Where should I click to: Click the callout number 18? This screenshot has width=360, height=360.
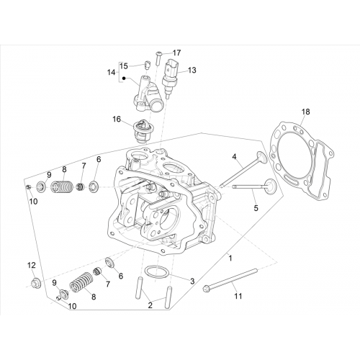[x=306, y=112]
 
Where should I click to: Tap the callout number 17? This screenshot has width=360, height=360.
[x=177, y=53]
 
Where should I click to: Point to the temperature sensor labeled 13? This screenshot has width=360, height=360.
[x=170, y=77]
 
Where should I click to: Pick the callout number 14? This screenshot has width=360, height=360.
[x=111, y=72]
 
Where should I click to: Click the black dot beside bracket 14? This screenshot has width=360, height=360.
[x=124, y=78]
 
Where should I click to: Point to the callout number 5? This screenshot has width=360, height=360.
[x=256, y=208]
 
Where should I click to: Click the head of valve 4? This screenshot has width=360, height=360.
[x=261, y=157]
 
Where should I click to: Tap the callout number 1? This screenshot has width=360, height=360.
[x=230, y=258]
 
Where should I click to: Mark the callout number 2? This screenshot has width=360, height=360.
[x=150, y=305]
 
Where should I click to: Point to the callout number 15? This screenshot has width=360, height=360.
[x=124, y=66]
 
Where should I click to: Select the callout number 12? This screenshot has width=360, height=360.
[x=32, y=265]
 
